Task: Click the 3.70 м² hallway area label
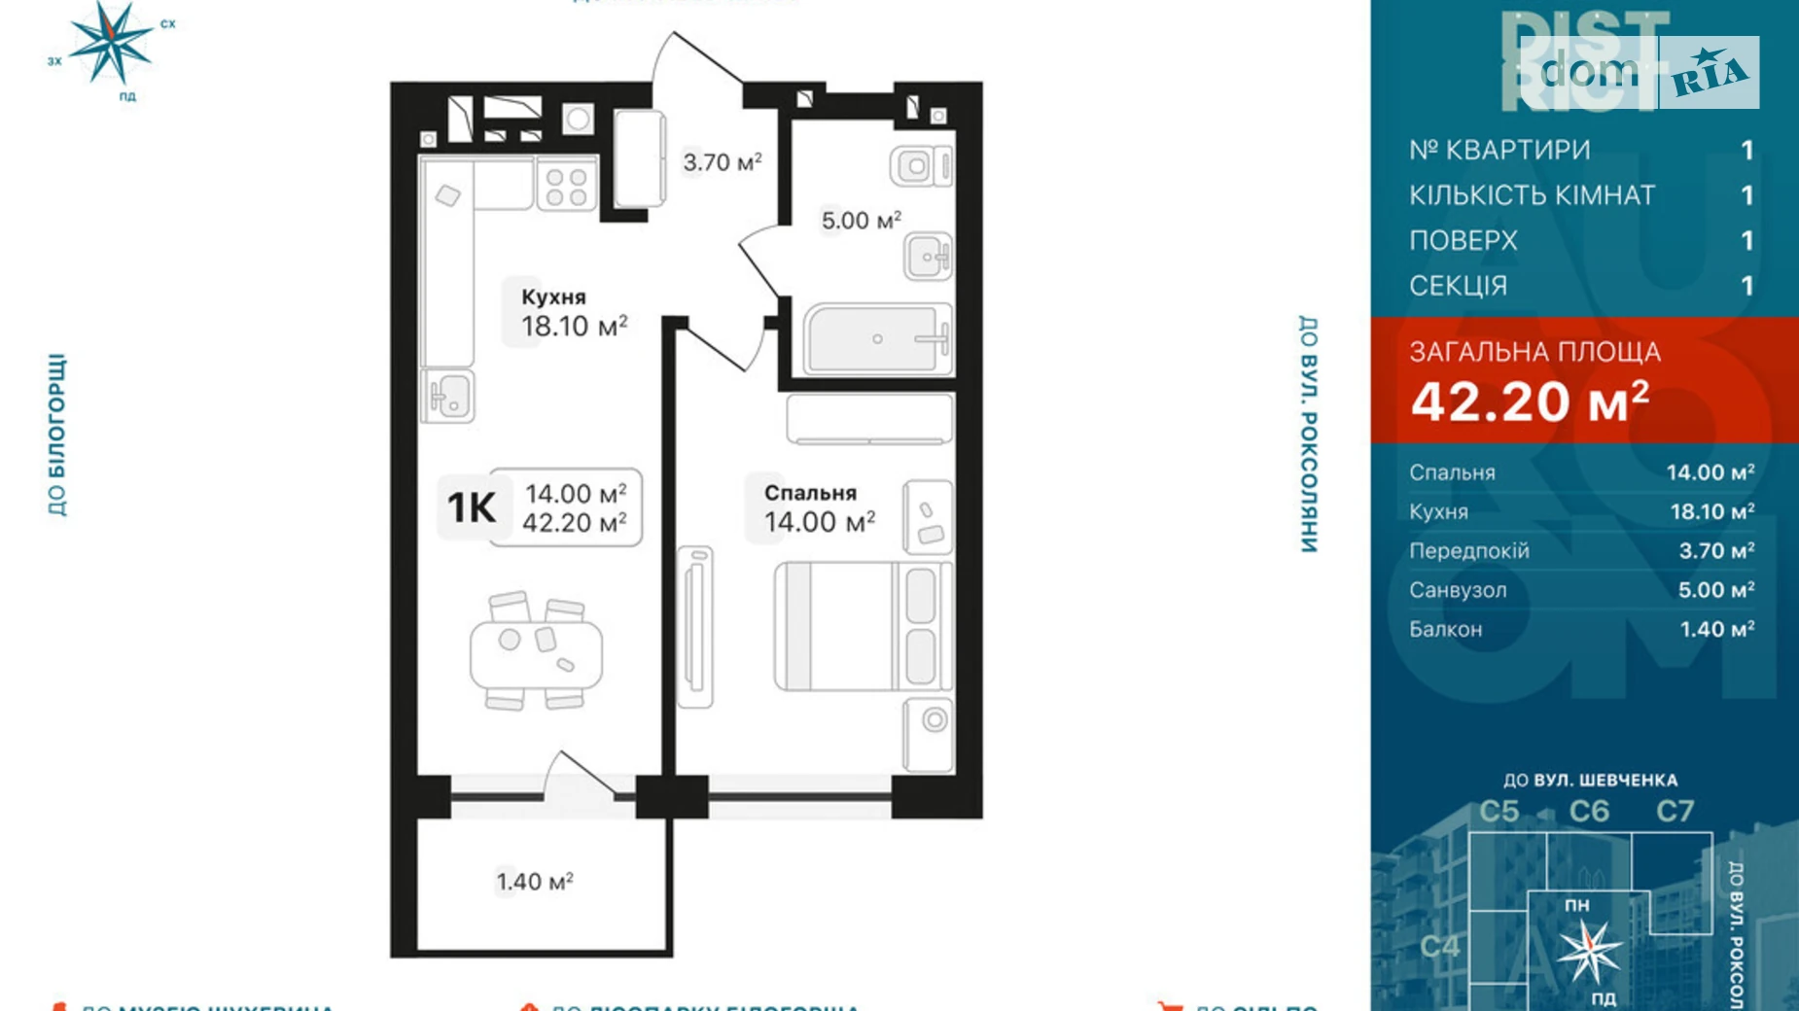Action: coord(722,162)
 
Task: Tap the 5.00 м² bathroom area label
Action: coord(861,221)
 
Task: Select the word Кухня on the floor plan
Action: coord(553,297)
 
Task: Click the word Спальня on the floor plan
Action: coord(810,493)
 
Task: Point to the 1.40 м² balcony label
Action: coord(535,882)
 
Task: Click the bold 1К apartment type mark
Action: coord(471,507)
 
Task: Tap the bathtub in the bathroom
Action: coord(875,339)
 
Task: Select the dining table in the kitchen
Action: coord(536,652)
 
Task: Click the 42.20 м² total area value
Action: coord(1530,401)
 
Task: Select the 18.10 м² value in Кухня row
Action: coord(1711,511)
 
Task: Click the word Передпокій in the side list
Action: coord(1468,551)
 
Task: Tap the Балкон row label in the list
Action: coord(1446,629)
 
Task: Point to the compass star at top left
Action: coord(112,41)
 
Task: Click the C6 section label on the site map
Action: coord(1589,811)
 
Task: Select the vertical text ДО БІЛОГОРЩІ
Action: coord(57,435)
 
